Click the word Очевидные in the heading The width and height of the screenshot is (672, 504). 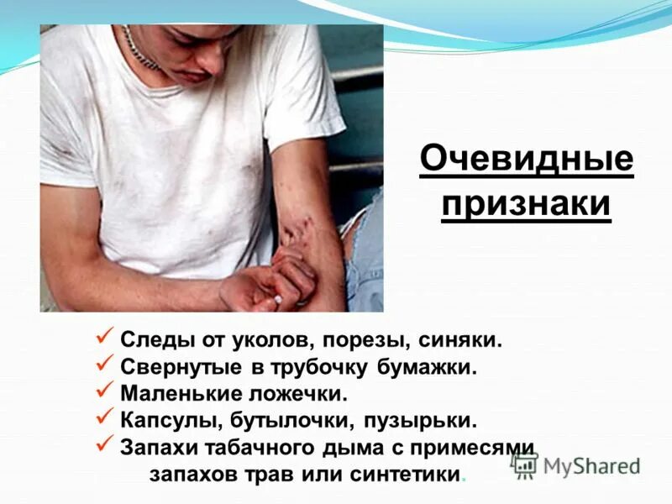pos(527,160)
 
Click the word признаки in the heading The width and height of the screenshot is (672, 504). pos(527,205)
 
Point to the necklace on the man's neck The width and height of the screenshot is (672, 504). pos(139,50)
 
